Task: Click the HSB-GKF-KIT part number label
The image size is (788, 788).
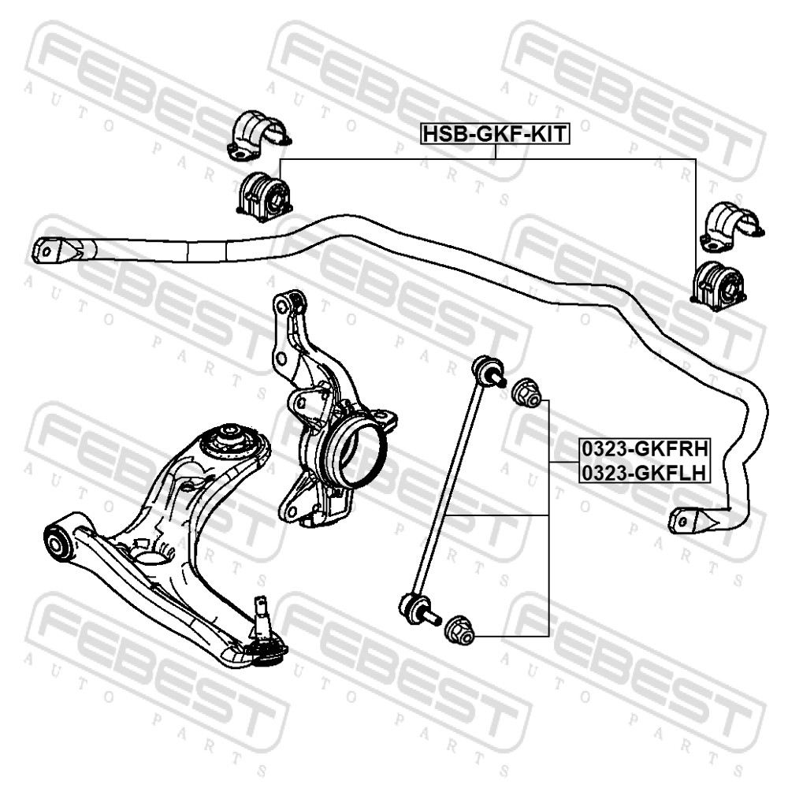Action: [x=495, y=134]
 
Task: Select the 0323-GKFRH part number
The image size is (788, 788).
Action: [x=645, y=448]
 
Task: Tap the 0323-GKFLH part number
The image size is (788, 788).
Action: [x=645, y=472]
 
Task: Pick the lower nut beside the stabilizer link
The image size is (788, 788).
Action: [x=461, y=630]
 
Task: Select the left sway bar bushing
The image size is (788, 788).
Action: [x=263, y=196]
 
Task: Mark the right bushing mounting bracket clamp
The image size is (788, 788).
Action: [x=731, y=227]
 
